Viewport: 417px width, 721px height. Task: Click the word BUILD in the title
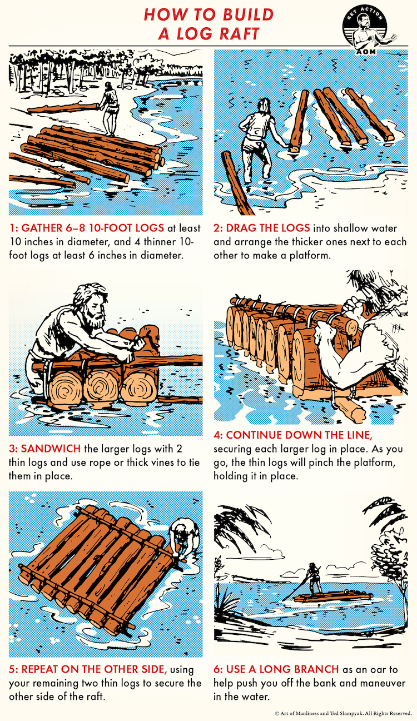[x=244, y=14]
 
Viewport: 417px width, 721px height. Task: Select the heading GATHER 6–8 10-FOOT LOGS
[x=93, y=228]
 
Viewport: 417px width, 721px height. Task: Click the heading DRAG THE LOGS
[x=268, y=228]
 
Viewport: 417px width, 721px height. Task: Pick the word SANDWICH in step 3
[x=51, y=449]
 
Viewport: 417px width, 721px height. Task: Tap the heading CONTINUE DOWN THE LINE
[x=299, y=435]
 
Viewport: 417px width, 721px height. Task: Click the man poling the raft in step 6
[x=312, y=578]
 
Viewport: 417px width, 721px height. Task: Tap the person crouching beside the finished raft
[x=184, y=537]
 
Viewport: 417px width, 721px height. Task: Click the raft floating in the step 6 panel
[x=332, y=596]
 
